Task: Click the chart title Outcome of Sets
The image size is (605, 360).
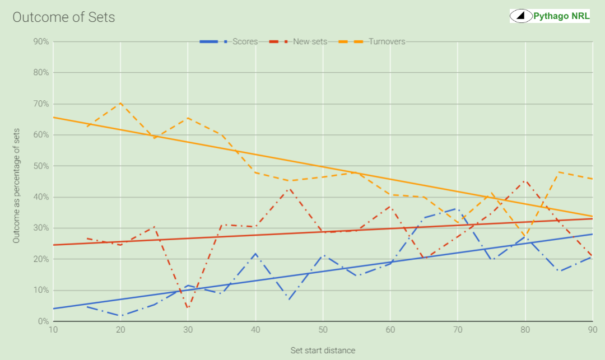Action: click(x=64, y=17)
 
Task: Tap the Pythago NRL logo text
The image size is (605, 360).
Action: click(x=561, y=16)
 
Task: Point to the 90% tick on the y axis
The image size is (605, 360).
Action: click(x=41, y=41)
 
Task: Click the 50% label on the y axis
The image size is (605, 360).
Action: click(x=41, y=166)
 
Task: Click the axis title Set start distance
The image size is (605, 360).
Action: click(x=323, y=350)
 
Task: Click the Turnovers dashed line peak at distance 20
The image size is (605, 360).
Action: click(x=120, y=103)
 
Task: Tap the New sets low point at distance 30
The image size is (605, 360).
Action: click(x=188, y=308)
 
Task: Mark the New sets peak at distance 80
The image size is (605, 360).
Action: click(x=525, y=181)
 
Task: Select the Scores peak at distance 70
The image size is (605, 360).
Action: click(x=458, y=209)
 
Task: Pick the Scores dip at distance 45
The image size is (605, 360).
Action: click(x=289, y=300)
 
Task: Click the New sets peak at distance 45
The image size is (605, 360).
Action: click(x=289, y=189)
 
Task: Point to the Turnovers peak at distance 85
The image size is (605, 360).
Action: click(x=559, y=172)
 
